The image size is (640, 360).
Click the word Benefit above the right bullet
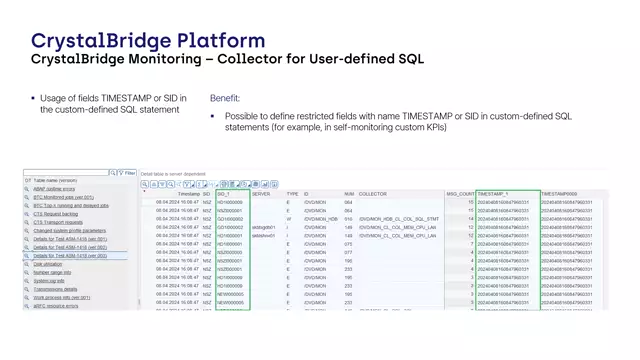[x=225, y=98]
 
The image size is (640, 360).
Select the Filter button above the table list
[x=129, y=173]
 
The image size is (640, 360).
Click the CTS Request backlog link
[x=56, y=214]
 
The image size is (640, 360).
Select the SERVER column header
[x=261, y=194]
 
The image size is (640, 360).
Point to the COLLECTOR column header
[x=373, y=194]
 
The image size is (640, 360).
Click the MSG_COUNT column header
[x=459, y=194]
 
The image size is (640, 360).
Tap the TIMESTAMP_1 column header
[x=493, y=194]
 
